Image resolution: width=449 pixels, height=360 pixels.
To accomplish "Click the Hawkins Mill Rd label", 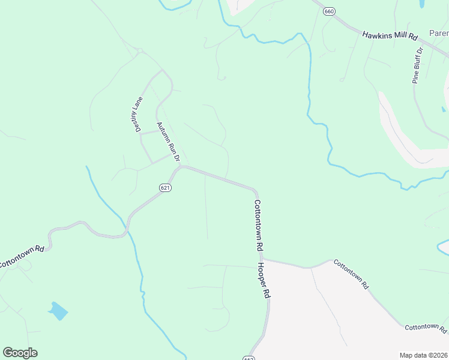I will (x=390, y=36).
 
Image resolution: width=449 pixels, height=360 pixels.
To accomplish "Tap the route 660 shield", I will (x=328, y=12).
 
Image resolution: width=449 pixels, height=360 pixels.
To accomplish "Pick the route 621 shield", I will (x=166, y=188).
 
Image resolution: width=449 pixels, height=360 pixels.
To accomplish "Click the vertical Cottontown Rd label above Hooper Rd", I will (x=259, y=224).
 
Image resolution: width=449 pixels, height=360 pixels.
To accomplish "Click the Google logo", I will (x=20, y=352).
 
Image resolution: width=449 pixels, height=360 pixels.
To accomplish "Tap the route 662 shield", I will (x=249, y=358).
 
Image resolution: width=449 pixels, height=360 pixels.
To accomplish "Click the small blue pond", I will (x=58, y=310).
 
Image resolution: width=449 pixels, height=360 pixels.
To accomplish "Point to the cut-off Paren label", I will (x=438, y=34).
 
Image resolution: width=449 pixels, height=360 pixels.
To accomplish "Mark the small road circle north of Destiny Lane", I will (x=139, y=51).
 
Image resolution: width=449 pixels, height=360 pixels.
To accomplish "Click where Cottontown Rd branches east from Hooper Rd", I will (x=263, y=260).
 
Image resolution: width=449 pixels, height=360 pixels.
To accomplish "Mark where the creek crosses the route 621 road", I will (x=127, y=230).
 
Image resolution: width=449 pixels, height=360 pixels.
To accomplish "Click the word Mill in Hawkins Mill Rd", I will (x=397, y=36).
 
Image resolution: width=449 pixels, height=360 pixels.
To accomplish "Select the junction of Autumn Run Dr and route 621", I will (x=182, y=167).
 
